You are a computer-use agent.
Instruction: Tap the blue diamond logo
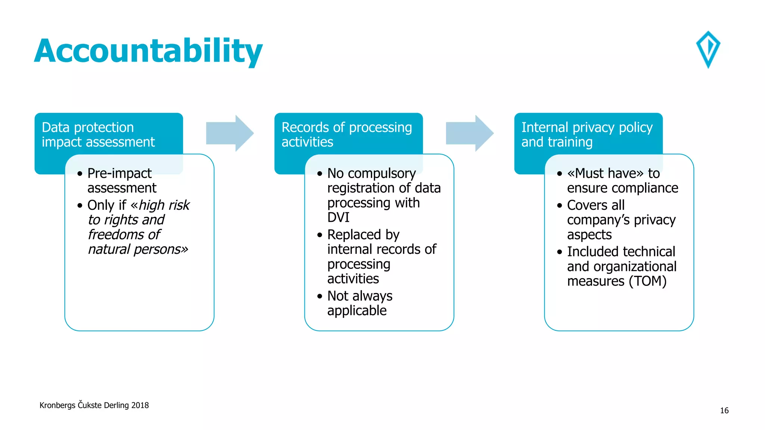pyautogui.click(x=708, y=49)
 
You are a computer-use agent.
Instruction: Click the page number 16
pyautogui.click(x=724, y=411)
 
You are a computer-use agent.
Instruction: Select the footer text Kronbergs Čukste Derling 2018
pyautogui.click(x=94, y=405)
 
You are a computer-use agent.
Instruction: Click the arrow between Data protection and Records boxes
pyautogui.click(x=230, y=133)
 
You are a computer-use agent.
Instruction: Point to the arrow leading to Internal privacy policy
pyautogui.click(x=470, y=133)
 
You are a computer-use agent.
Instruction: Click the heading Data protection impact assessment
pyautogui.click(x=98, y=135)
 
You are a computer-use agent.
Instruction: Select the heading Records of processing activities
pyautogui.click(x=346, y=135)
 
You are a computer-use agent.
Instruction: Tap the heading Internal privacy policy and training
pyautogui.click(x=586, y=135)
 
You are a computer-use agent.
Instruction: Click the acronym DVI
pyautogui.click(x=338, y=218)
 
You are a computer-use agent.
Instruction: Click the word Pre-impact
pyautogui.click(x=120, y=174)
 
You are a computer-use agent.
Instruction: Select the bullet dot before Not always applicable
pyautogui.click(x=320, y=296)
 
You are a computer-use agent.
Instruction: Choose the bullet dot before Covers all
pyautogui.click(x=559, y=206)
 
